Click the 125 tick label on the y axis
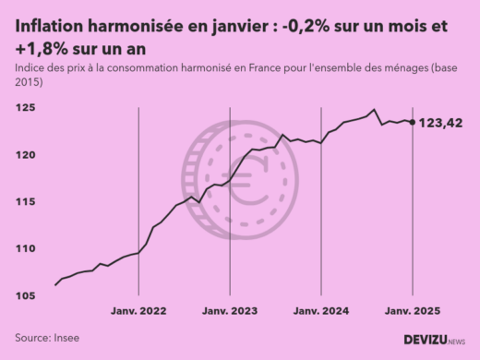click(x=26, y=108)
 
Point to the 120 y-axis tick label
click(x=26, y=155)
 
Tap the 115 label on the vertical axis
click(x=26, y=202)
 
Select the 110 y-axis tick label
click(x=26, y=249)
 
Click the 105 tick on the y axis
click(x=26, y=296)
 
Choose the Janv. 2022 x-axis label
click(x=138, y=312)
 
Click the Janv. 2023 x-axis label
click(x=229, y=312)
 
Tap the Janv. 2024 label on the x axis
click(x=320, y=312)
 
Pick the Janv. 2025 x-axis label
click(x=411, y=312)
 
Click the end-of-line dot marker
click(x=412, y=122)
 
